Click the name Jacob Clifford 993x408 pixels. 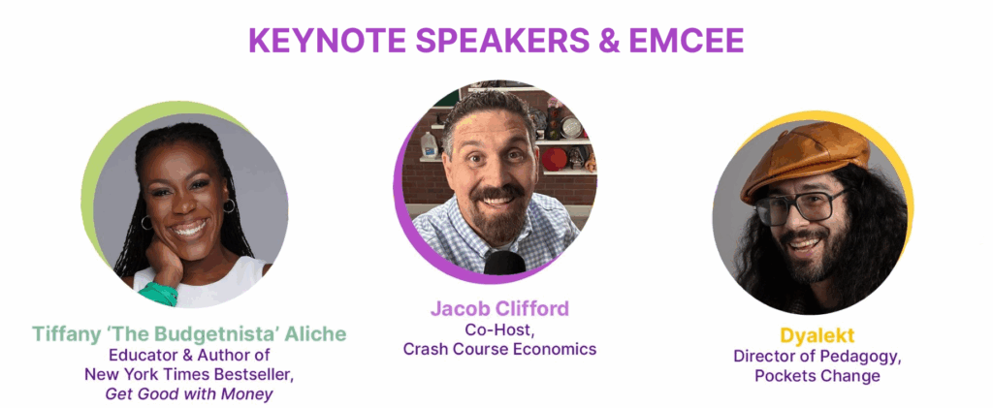499,308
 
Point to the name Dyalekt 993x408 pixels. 817,334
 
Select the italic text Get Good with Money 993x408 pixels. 189,394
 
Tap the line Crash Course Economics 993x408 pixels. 499,349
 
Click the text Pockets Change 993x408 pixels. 817,376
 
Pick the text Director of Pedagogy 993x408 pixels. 817,356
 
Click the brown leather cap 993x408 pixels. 805,159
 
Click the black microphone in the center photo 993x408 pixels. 504,264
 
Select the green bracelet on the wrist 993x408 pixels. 157,293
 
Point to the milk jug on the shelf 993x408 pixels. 430,144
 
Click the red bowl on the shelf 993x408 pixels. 555,159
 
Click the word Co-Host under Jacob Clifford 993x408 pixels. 499,330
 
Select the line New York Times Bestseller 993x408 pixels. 189,374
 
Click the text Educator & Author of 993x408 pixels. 189,355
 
